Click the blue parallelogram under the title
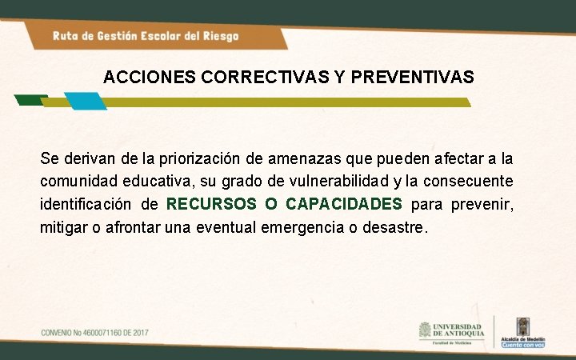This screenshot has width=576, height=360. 84,101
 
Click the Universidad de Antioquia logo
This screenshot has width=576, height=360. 450,331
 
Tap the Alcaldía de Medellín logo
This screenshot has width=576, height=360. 522,330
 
